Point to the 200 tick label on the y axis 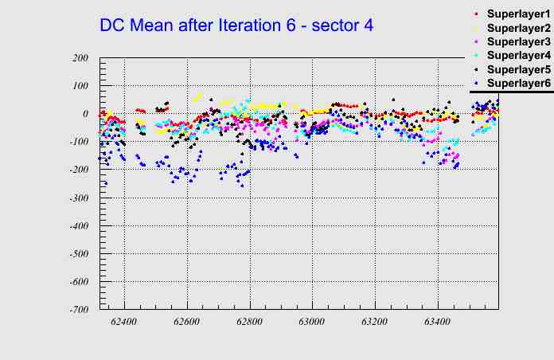tap(80, 58)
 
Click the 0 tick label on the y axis tap(84, 114)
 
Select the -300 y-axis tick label tap(78, 198)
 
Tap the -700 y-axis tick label tap(78, 310)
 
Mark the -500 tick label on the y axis tap(78, 254)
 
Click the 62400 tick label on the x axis tap(124, 323)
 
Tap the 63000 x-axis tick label tap(312, 323)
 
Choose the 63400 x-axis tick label tap(437, 323)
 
